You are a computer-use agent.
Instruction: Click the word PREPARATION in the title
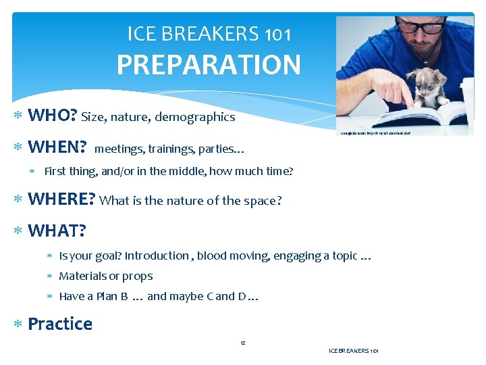click(x=209, y=65)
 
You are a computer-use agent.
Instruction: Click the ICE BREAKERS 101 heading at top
click(x=209, y=32)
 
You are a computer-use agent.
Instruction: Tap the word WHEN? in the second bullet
click(x=57, y=147)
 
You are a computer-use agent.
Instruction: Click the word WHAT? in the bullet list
click(x=57, y=231)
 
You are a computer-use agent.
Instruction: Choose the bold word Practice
click(x=60, y=324)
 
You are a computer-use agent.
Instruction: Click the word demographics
click(x=195, y=118)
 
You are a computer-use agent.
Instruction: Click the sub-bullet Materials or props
click(x=106, y=276)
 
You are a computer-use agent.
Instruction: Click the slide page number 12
click(x=243, y=343)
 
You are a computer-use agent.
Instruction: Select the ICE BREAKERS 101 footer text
click(x=353, y=351)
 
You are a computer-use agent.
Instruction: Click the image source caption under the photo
click(x=374, y=133)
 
